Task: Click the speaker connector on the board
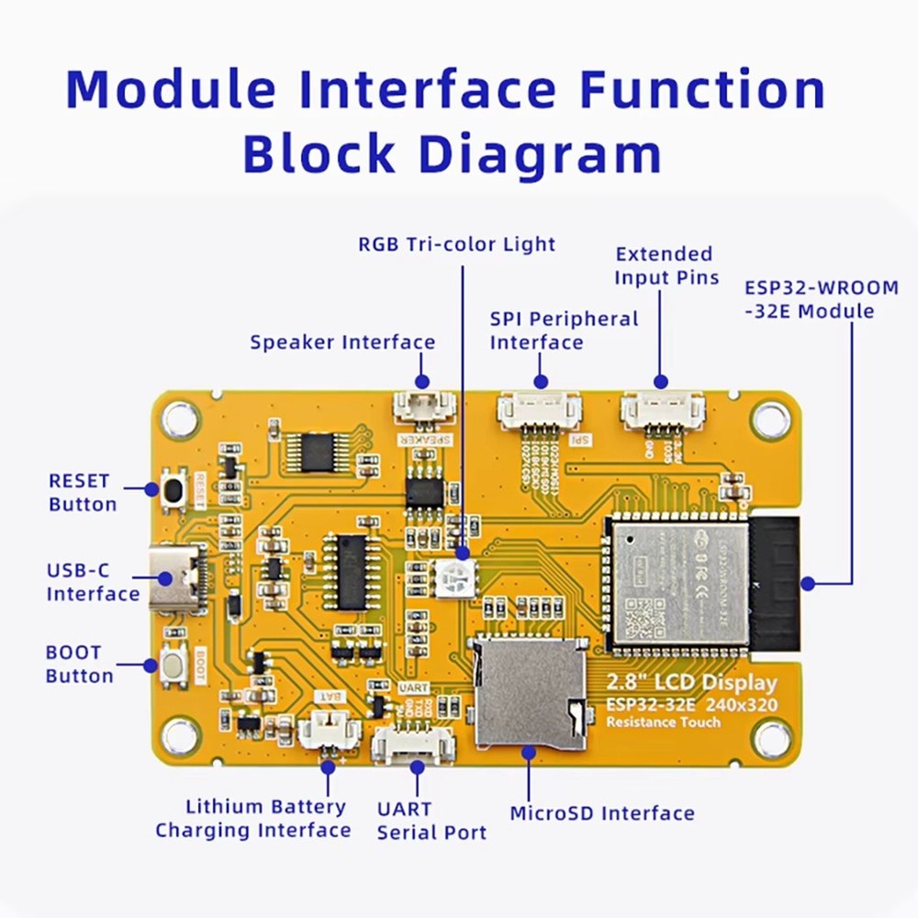point(423,406)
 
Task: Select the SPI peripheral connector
point(540,409)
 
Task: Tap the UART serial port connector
point(413,744)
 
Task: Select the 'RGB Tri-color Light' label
point(456,244)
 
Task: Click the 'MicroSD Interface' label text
point(601,813)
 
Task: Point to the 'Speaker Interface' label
point(342,342)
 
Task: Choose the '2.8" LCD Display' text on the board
point(690,682)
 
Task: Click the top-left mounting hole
point(181,420)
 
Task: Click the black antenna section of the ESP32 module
point(774,583)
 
